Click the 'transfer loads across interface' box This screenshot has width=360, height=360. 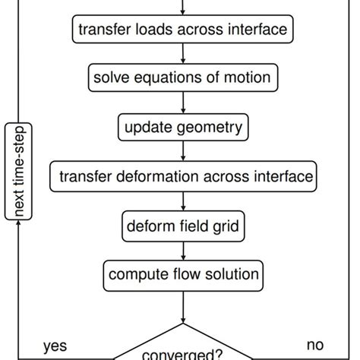183,30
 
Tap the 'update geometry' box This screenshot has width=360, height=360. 183,126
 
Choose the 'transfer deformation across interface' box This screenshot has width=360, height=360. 183,176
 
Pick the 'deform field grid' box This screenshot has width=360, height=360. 183,225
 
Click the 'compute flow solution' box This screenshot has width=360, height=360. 183,273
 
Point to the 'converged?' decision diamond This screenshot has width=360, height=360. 183,351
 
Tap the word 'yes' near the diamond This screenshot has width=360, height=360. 55,346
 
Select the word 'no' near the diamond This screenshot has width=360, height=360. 315,346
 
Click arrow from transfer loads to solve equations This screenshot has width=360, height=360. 183,54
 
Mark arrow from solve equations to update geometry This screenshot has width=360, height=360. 183,103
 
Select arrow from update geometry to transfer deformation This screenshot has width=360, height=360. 183,151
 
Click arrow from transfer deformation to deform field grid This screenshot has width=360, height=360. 183,201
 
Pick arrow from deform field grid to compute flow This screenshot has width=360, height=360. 183,249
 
